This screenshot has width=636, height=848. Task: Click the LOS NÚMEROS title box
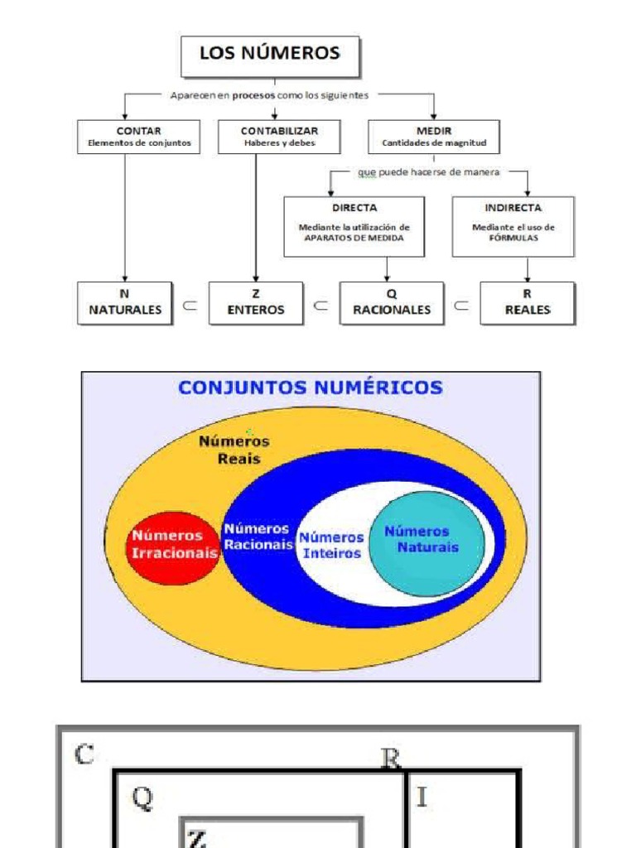pyautogui.click(x=269, y=55)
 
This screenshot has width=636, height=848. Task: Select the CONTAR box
pyautogui.click(x=138, y=137)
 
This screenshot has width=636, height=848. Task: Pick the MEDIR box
pyautogui.click(x=434, y=137)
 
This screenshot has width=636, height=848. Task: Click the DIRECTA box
pyautogui.click(x=354, y=226)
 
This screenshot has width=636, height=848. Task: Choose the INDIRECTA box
pyautogui.click(x=513, y=226)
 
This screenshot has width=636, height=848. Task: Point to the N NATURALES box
pyautogui.click(x=125, y=302)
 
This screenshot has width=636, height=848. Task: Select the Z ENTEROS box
pyautogui.click(x=256, y=302)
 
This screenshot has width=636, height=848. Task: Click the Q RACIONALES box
pyautogui.click(x=391, y=302)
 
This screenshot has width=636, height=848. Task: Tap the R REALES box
pyautogui.click(x=527, y=302)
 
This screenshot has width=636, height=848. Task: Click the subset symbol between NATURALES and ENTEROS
pyautogui.click(x=190, y=305)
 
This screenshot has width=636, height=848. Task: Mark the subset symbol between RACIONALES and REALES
pyautogui.click(x=462, y=305)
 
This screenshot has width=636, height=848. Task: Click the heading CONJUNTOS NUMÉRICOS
pyautogui.click(x=311, y=387)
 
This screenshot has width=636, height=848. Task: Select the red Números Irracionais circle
pyautogui.click(x=173, y=544)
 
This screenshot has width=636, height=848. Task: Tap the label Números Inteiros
pyautogui.click(x=331, y=545)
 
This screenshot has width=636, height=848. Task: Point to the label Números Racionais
pyautogui.click(x=258, y=537)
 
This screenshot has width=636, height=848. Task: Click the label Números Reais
pyautogui.click(x=234, y=450)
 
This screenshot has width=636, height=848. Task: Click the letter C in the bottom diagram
pyautogui.click(x=84, y=754)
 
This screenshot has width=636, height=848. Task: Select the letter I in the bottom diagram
pyautogui.click(x=422, y=797)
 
